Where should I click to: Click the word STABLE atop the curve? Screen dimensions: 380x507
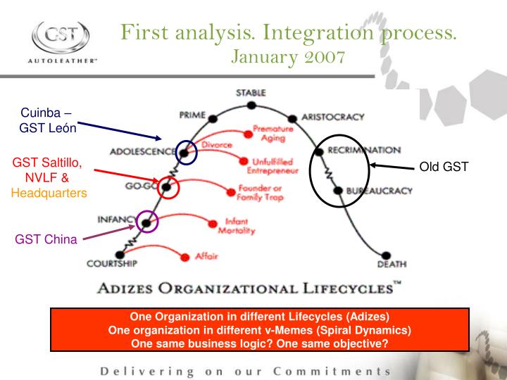pos(251,92)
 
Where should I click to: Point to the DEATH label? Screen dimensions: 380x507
pos(391,265)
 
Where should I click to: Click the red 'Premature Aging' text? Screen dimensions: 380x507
pos(272,133)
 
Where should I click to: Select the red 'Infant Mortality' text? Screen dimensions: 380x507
pos(236,225)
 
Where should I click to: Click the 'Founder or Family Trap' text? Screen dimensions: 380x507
pos(261,192)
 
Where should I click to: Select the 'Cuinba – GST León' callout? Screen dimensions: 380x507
pos(47,119)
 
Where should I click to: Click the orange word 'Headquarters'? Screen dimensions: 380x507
pos(49,191)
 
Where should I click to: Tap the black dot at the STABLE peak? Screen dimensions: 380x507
pos(251,106)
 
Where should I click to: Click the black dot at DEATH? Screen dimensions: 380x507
pos(387,256)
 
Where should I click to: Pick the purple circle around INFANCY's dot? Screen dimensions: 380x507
pos(147,222)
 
